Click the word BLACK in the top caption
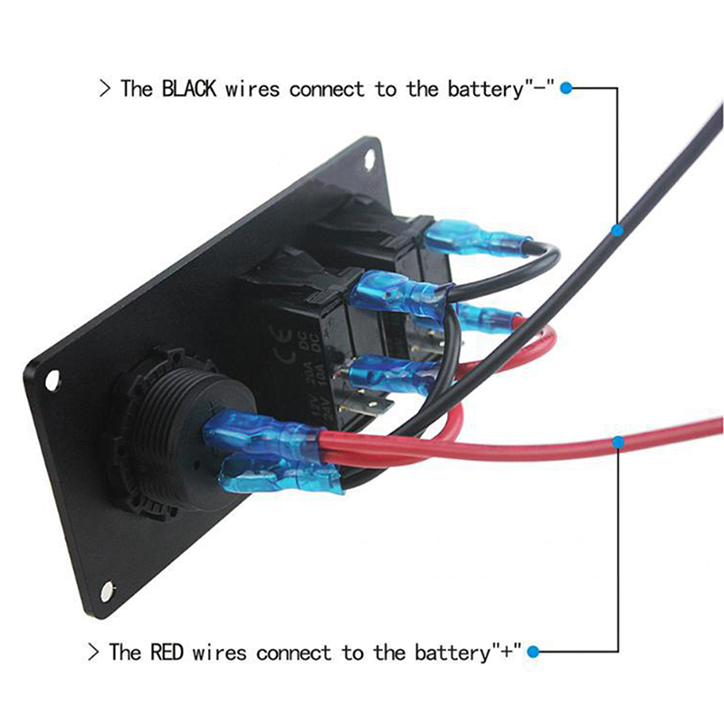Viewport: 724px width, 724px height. [x=189, y=90]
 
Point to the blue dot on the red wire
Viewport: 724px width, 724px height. [x=618, y=442]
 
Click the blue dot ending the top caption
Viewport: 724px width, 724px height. [x=567, y=89]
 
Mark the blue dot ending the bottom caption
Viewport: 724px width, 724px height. [x=534, y=651]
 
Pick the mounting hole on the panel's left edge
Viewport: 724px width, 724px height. [x=52, y=380]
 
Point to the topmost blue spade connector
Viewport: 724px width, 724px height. [x=471, y=240]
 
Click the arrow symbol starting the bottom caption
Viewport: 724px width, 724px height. [x=92, y=652]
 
